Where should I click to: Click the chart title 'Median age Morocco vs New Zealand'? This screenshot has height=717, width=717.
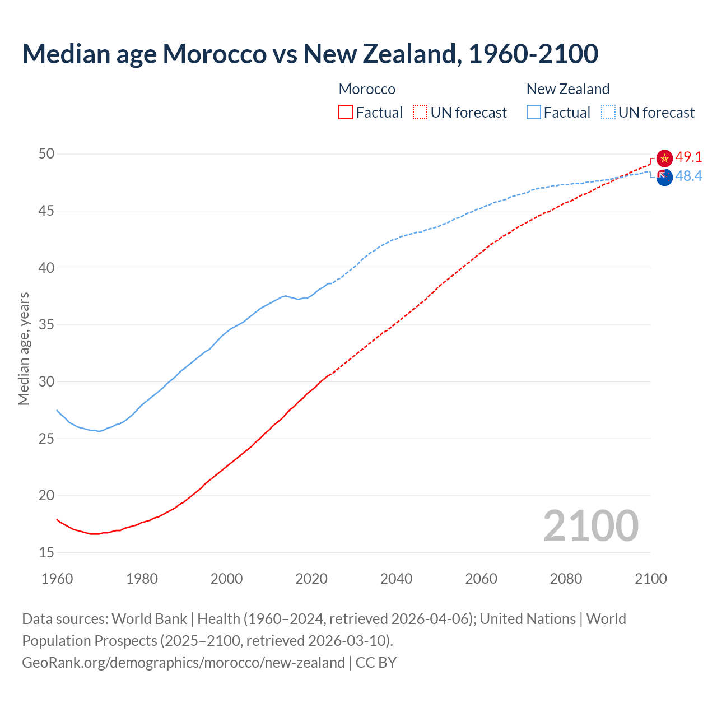click(x=310, y=54)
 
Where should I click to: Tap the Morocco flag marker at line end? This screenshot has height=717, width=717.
click(x=664, y=159)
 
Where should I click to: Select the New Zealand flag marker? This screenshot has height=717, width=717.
click(x=664, y=177)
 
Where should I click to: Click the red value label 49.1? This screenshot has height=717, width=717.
click(x=688, y=157)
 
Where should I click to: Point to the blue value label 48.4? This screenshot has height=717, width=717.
click(x=688, y=176)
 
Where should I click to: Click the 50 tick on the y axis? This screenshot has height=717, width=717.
click(x=46, y=154)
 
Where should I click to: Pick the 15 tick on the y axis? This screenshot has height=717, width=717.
click(x=46, y=553)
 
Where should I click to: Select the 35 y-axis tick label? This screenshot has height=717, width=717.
click(x=46, y=325)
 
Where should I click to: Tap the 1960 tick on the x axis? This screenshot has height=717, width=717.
click(x=57, y=579)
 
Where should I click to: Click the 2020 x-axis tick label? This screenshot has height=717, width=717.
click(x=311, y=579)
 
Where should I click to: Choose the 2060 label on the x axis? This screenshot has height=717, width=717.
click(x=481, y=579)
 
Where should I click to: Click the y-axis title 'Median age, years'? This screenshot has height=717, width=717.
click(x=24, y=348)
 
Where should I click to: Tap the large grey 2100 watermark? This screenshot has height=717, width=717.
click(x=590, y=525)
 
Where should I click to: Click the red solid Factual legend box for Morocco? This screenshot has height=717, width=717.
click(x=346, y=113)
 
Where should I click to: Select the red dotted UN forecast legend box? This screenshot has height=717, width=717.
click(x=420, y=113)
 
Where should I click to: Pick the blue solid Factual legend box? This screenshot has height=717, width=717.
click(x=534, y=113)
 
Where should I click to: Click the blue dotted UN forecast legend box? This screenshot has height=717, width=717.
click(x=608, y=113)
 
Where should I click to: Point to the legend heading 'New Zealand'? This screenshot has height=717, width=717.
click(x=568, y=89)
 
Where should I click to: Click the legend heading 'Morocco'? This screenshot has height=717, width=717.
click(x=367, y=89)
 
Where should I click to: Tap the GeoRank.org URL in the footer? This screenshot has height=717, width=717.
click(x=183, y=663)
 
